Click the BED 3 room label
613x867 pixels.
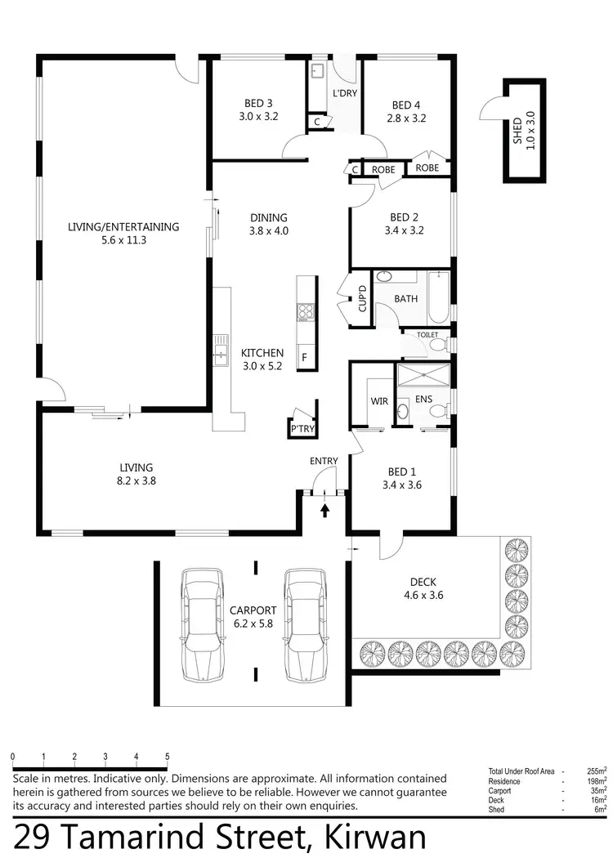[x=258, y=104]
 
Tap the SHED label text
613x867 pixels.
[x=517, y=129]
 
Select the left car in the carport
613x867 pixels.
[x=201, y=625]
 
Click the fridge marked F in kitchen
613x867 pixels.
[x=305, y=357]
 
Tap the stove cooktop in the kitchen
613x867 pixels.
[x=305, y=311]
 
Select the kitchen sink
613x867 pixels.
[x=220, y=353]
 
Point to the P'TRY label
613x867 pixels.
[x=302, y=428]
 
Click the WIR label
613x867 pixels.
[x=378, y=400]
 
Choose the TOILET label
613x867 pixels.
[x=427, y=335]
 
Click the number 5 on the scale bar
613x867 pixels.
[x=168, y=757]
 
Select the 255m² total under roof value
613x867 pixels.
[x=596, y=771]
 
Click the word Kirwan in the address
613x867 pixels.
[x=376, y=838]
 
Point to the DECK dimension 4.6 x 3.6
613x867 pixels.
[x=423, y=595]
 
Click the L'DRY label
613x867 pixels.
[x=344, y=94]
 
